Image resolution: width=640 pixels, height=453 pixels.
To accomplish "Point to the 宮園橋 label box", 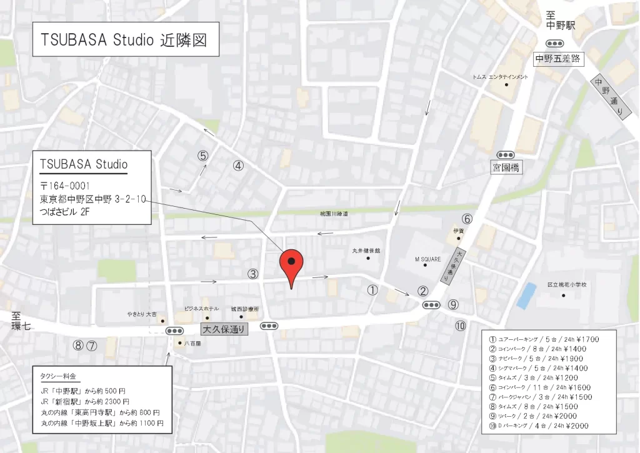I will click(506, 167).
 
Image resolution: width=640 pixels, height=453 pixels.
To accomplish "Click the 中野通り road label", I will click(608, 97).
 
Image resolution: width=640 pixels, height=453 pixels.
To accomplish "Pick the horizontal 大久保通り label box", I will click(224, 329).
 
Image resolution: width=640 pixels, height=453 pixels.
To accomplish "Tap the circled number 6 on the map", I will click(467, 219).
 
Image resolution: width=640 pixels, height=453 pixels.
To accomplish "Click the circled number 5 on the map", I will click(202, 156).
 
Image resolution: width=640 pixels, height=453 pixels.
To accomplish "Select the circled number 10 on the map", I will click(460, 325).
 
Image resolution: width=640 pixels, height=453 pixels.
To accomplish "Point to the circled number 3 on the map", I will click(252, 274).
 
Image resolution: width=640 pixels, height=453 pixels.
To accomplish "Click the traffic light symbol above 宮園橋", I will click(505, 154).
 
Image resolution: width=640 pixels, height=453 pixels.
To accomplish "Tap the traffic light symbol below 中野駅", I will click(554, 43).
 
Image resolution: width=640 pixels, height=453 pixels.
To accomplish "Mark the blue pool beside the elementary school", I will click(526, 294).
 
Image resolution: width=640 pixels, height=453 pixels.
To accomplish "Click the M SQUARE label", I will click(428, 259).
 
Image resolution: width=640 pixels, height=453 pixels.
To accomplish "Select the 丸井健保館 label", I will click(366, 251).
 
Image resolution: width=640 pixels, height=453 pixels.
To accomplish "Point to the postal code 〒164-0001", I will click(65, 186).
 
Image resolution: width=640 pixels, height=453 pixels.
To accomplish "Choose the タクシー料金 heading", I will click(58, 376).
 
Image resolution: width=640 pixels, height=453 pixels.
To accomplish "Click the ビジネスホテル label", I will click(201, 309).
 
